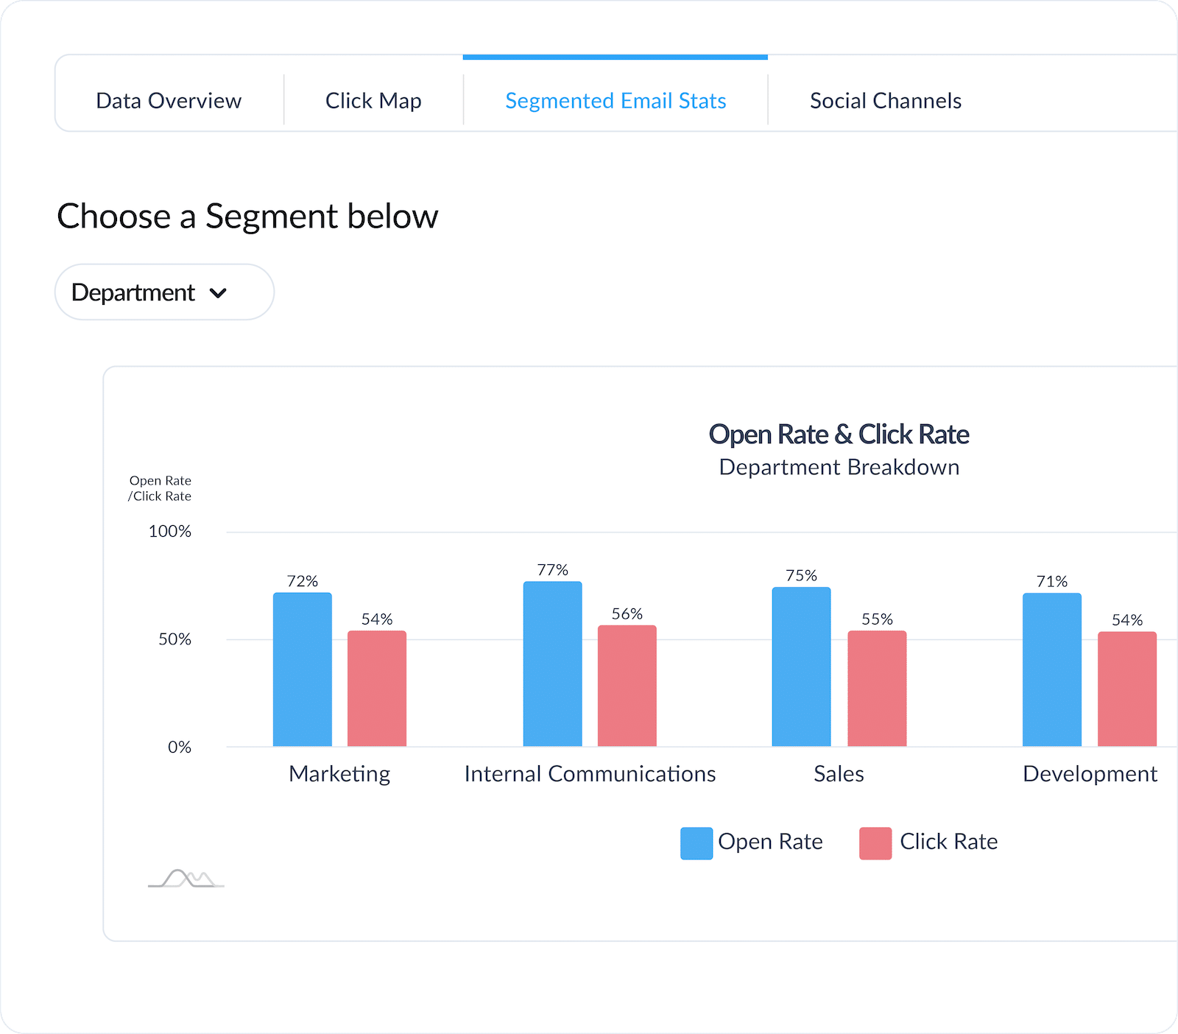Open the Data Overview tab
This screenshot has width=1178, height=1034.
pyautogui.click(x=169, y=101)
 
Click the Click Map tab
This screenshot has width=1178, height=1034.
pyautogui.click(x=373, y=101)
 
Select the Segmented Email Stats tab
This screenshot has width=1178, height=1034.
pyautogui.click(x=616, y=101)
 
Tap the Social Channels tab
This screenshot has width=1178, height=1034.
pyautogui.click(x=886, y=101)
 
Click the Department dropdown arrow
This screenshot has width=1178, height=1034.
pyautogui.click(x=218, y=293)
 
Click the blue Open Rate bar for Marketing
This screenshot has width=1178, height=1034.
pyautogui.click(x=303, y=670)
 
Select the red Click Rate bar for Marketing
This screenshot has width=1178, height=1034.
pyautogui.click(x=377, y=689)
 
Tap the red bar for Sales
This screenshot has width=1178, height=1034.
pyautogui.click(x=877, y=689)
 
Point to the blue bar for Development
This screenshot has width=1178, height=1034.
pyautogui.click(x=1052, y=670)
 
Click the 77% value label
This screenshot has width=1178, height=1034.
pyautogui.click(x=552, y=570)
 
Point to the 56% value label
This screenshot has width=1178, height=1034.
pyautogui.click(x=627, y=614)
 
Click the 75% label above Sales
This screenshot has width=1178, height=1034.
pyautogui.click(x=801, y=576)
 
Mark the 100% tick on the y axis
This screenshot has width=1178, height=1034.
pyautogui.click(x=170, y=532)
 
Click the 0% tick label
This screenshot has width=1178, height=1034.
pyautogui.click(x=180, y=748)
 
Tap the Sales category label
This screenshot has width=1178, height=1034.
pyautogui.click(x=839, y=774)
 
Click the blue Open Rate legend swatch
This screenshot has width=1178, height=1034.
pyautogui.click(x=696, y=843)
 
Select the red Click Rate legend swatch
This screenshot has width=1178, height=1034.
pyautogui.click(x=875, y=843)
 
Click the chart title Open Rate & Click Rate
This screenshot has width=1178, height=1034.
pyautogui.click(x=839, y=435)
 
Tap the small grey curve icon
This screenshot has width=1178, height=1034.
pyautogui.click(x=186, y=879)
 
